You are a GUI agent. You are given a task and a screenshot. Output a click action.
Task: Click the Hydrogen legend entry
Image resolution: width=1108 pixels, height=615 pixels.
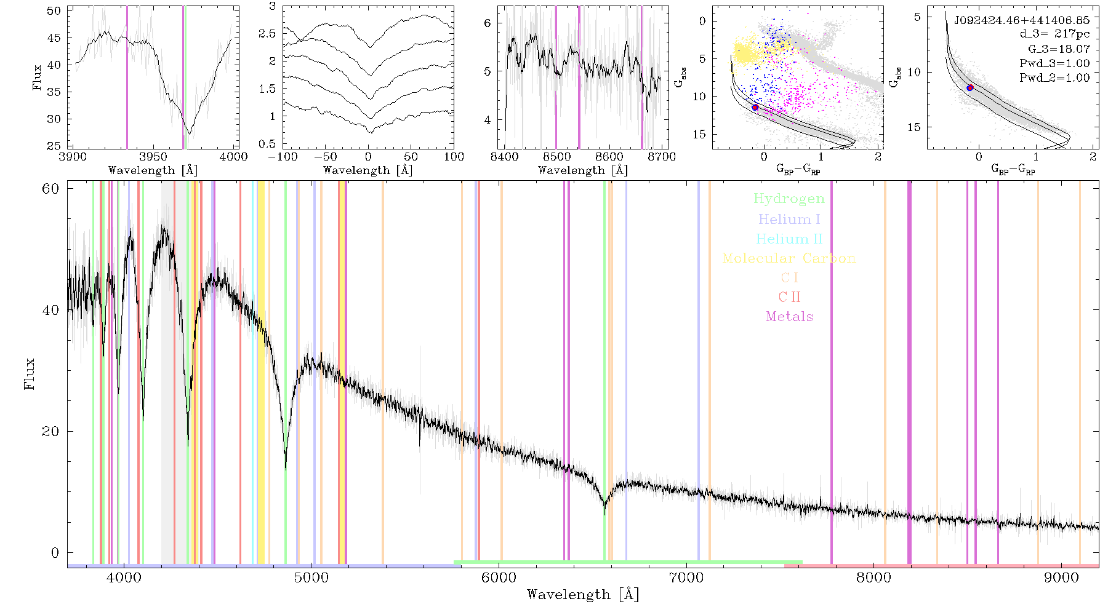click(x=789, y=199)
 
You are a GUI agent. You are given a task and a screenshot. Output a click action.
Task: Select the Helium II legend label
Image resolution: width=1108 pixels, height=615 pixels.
click(x=789, y=239)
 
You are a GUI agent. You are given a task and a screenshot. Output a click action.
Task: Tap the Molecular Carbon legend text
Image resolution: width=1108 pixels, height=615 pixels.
click(x=789, y=258)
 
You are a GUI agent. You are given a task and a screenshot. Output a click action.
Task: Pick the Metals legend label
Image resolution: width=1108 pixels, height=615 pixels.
click(x=789, y=317)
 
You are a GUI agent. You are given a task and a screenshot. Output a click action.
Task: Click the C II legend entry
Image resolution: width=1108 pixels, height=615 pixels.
click(x=789, y=297)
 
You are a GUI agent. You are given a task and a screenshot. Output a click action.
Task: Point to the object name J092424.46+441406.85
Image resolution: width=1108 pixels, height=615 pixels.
click(x=1022, y=20)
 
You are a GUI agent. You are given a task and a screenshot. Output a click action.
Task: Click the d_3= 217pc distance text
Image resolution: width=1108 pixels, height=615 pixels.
click(x=1054, y=34)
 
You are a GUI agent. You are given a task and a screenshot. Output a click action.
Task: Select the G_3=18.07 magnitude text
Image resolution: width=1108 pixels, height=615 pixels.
click(x=1059, y=49)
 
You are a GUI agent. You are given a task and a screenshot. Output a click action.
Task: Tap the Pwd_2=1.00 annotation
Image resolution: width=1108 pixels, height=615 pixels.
click(x=1054, y=78)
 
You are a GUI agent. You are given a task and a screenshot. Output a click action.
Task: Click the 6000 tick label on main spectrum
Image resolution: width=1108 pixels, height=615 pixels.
click(x=499, y=578)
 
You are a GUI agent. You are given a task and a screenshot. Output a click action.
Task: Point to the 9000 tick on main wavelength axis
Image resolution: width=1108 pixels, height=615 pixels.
click(x=1061, y=578)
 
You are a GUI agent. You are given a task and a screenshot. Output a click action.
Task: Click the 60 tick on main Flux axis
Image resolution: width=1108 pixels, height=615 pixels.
click(x=50, y=188)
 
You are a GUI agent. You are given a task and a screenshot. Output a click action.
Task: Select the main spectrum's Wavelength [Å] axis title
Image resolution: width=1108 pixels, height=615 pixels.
click(x=583, y=595)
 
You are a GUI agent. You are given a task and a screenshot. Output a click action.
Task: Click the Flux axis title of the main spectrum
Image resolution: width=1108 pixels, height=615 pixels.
click(x=29, y=373)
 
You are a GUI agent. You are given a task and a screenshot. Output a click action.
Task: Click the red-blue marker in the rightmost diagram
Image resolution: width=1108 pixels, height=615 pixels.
click(x=970, y=88)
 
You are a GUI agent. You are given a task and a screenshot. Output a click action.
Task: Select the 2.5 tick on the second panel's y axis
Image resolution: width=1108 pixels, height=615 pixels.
click(x=267, y=33)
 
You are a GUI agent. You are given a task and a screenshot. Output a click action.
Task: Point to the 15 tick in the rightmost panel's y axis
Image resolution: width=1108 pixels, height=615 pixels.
click(x=914, y=127)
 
